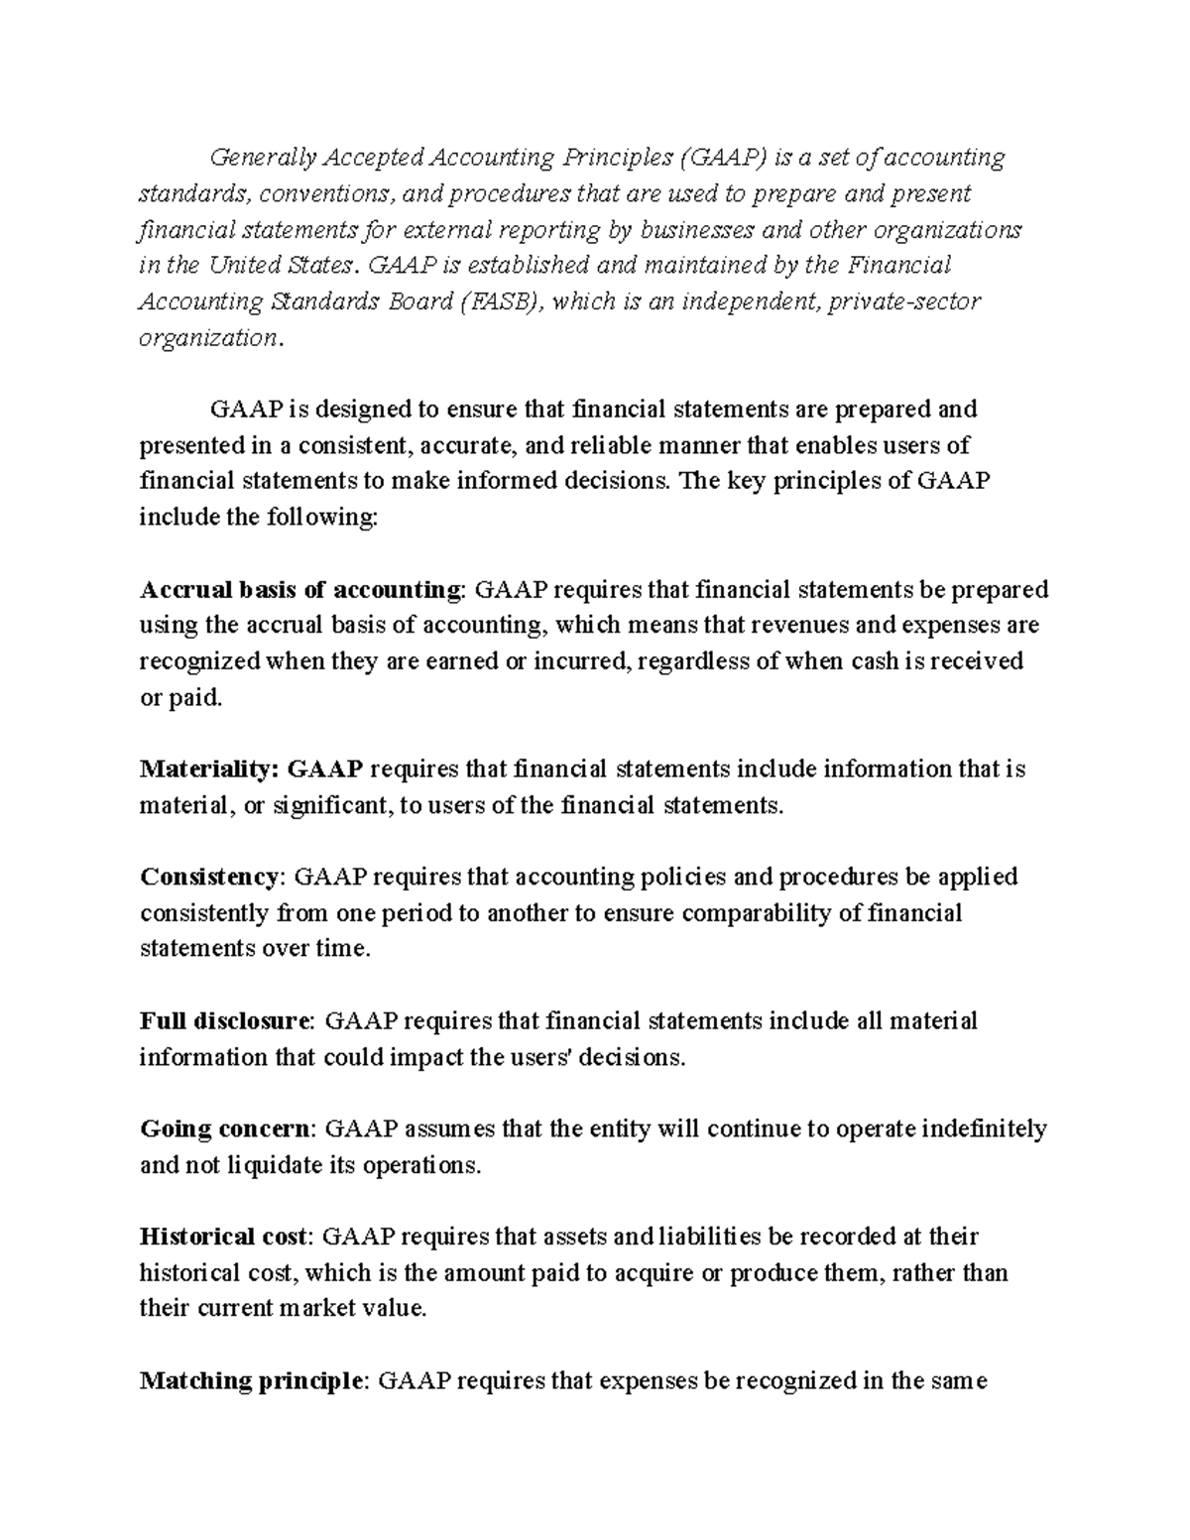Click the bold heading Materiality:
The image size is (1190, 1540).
[x=210, y=769]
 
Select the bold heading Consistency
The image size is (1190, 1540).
[x=211, y=877]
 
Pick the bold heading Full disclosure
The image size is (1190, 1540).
[x=226, y=1020]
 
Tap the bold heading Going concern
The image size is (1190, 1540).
[x=225, y=1128]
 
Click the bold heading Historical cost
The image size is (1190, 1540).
[x=225, y=1237]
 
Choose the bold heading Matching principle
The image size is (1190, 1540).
[x=252, y=1380]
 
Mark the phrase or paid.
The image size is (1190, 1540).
[x=181, y=698]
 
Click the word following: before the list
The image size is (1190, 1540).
[x=308, y=518]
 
